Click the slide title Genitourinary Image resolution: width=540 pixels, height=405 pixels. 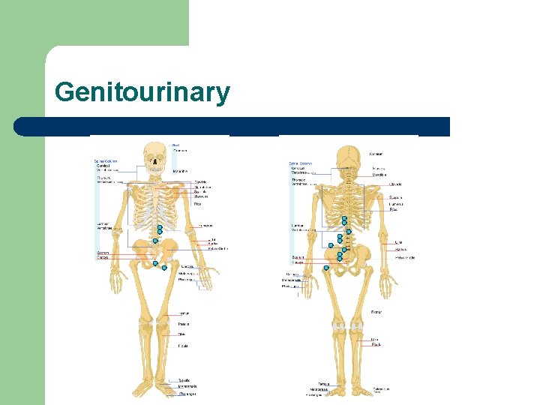pyautogui.click(x=142, y=92)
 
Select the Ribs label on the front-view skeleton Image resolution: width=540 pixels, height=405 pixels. pyautogui.click(x=198, y=203)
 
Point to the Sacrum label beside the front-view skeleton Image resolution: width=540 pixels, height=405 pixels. pyautogui.click(x=103, y=253)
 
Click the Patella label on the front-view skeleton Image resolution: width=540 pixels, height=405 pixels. pyautogui.click(x=183, y=323)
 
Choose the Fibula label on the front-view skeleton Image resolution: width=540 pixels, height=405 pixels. pyautogui.click(x=183, y=346)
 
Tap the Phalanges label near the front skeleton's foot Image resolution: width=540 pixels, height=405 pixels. pyautogui.click(x=186, y=392)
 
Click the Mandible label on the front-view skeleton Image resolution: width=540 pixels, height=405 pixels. pyautogui.click(x=180, y=171)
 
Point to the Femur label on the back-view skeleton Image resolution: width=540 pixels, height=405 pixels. pyautogui.click(x=377, y=311)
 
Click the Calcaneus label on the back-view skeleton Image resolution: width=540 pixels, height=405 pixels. pyautogui.click(x=381, y=388)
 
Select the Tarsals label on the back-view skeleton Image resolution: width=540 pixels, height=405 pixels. pyautogui.click(x=324, y=383)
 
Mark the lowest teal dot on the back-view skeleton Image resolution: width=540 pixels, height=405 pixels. pyautogui.click(x=326, y=268)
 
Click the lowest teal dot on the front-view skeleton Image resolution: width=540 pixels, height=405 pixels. pyautogui.click(x=164, y=266)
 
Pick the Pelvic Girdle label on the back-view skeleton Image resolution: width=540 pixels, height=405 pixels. pyautogui.click(x=405, y=257)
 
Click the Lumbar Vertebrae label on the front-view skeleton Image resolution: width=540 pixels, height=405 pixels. pyautogui.click(x=104, y=225)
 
